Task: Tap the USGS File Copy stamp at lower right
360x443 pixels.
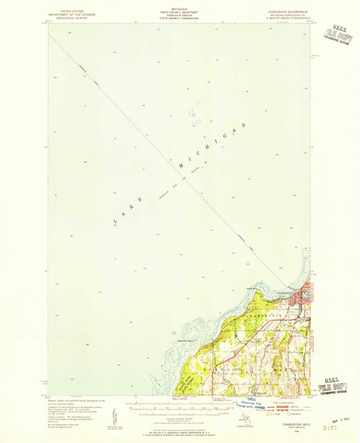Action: point(334,385)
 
